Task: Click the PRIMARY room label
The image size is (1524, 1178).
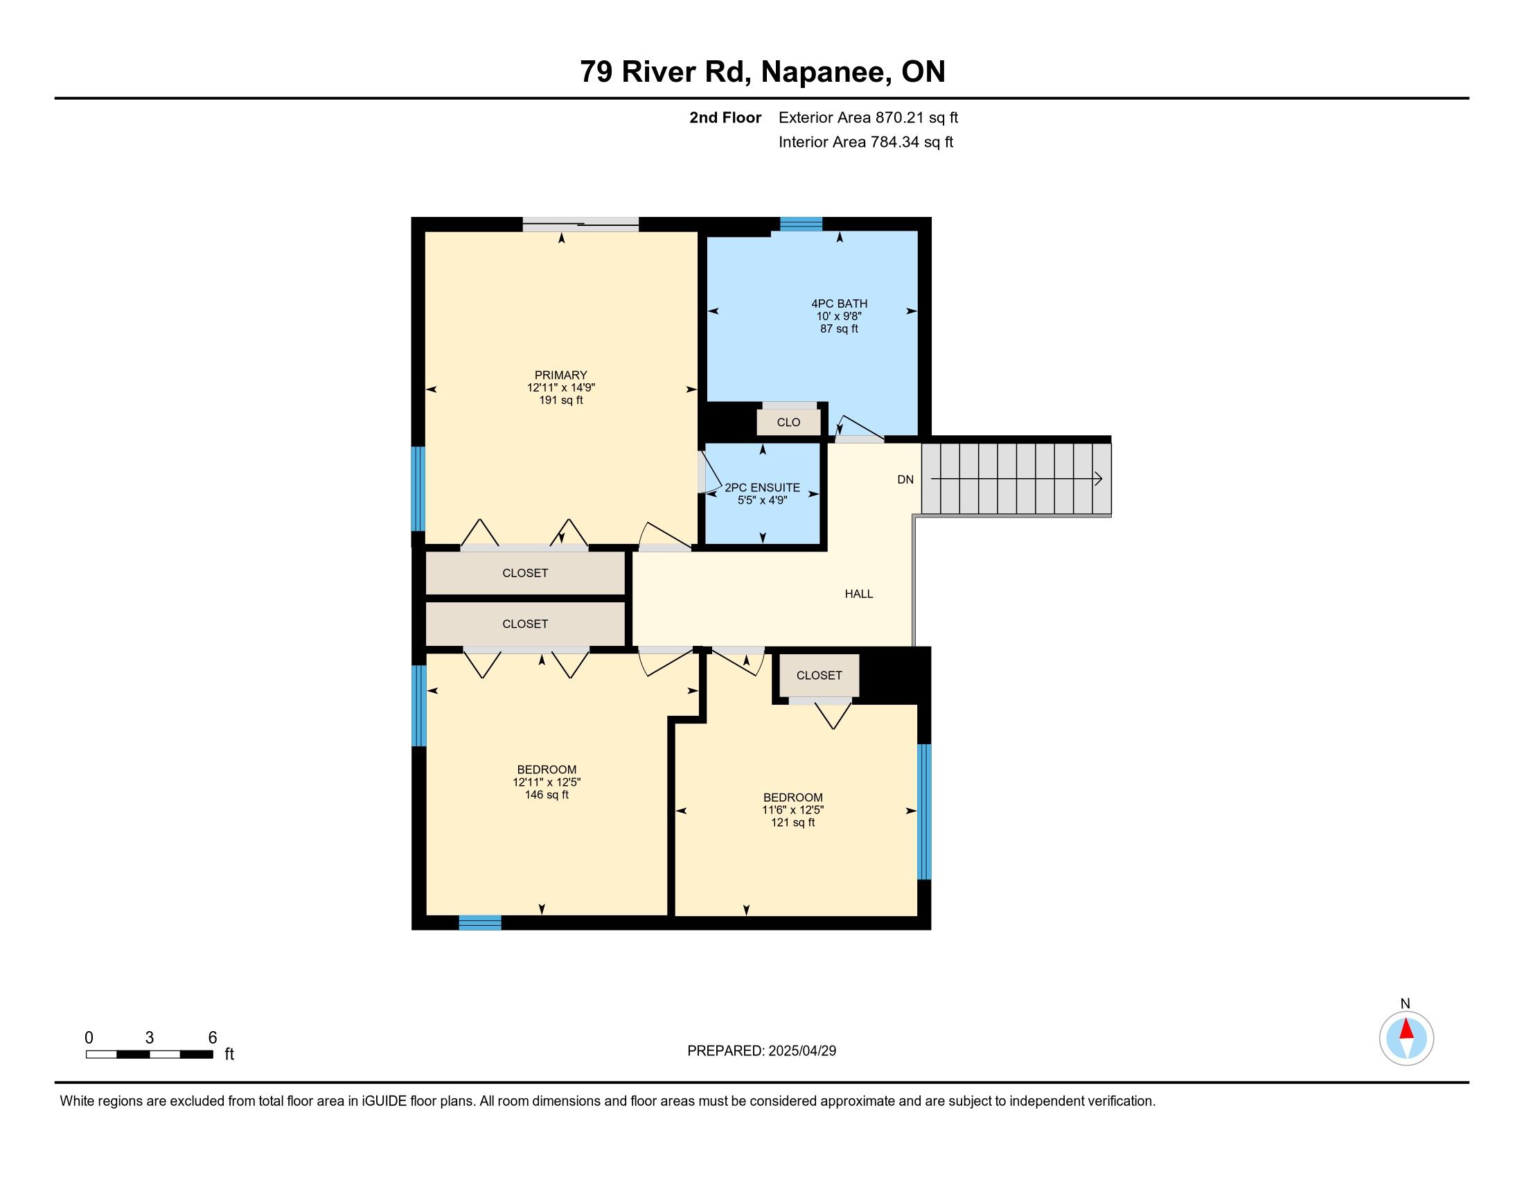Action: pyautogui.click(x=560, y=375)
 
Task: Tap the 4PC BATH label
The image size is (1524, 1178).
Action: pyautogui.click(x=840, y=304)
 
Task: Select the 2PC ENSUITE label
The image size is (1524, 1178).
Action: pyautogui.click(x=762, y=488)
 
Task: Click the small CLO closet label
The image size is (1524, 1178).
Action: pyautogui.click(x=788, y=422)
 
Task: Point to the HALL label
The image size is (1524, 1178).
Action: pyautogui.click(x=859, y=594)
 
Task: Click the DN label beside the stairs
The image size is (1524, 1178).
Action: pyautogui.click(x=905, y=480)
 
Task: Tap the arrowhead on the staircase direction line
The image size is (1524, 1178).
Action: pyautogui.click(x=1099, y=479)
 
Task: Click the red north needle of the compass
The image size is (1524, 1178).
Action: pyautogui.click(x=1406, y=1028)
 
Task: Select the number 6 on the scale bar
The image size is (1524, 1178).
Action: pyautogui.click(x=213, y=1038)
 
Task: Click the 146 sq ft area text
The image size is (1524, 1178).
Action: pyautogui.click(x=547, y=795)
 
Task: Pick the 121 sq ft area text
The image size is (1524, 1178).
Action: pyautogui.click(x=792, y=823)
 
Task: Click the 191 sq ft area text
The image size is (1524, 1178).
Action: pyautogui.click(x=560, y=401)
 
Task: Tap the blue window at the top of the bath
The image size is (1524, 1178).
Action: pyautogui.click(x=801, y=224)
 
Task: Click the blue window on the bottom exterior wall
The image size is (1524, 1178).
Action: pyautogui.click(x=480, y=922)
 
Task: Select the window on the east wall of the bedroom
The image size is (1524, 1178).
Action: pyautogui.click(x=924, y=811)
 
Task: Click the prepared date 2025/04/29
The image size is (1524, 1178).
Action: pyautogui.click(x=801, y=1051)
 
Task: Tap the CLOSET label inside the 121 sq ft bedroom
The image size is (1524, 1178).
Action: pyautogui.click(x=819, y=676)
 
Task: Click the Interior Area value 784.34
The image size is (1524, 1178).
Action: pyautogui.click(x=893, y=141)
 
